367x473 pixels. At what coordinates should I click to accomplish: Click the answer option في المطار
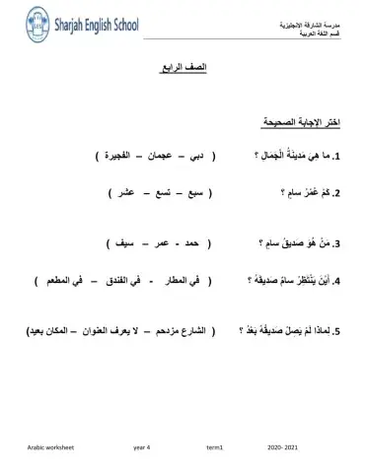174,281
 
